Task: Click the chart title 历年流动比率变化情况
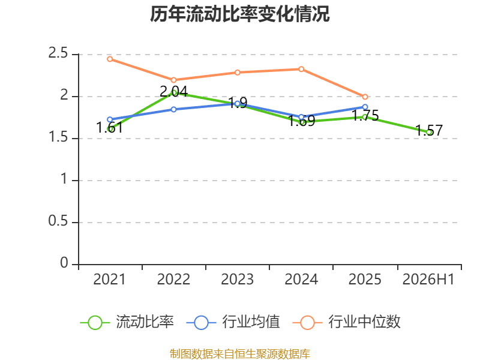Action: pos(239,14)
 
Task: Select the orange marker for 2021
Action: pos(110,59)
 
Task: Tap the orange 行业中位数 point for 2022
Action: pos(173,80)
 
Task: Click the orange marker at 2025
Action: pos(365,97)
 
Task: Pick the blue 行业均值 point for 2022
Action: pos(173,109)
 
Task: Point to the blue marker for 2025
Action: pos(365,107)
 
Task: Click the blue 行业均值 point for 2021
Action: pos(110,119)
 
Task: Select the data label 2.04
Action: pos(173,92)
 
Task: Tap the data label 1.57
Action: pos(429,131)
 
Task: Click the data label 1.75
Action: pos(365,116)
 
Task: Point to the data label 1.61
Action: pos(110,128)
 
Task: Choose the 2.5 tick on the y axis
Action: pos(58,53)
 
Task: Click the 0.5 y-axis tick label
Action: pos(58,221)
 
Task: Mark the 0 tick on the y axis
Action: pos(64,263)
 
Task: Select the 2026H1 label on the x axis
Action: pos(428,280)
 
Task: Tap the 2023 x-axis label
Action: pos(237,280)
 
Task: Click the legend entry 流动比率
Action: pos(127,322)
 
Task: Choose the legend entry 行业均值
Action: pos(233,322)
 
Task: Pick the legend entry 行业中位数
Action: pos(346,322)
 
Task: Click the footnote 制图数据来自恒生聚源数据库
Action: pos(239,354)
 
